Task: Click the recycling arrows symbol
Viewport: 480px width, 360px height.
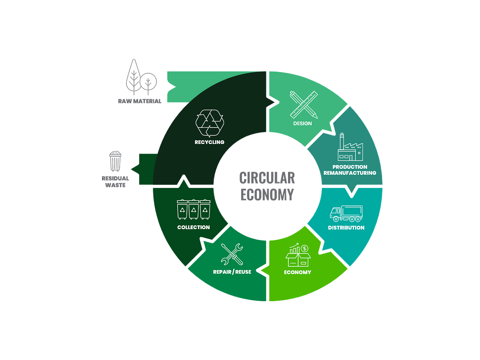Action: tap(209, 124)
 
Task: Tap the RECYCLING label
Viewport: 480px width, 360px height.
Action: tap(209, 142)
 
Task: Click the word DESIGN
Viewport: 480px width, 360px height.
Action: tap(302, 123)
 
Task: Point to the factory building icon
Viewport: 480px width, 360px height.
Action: tap(350, 148)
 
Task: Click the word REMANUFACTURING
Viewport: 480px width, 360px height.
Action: tap(350, 173)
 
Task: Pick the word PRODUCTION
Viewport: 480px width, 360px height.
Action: tap(350, 167)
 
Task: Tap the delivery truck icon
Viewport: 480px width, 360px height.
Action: tap(346, 214)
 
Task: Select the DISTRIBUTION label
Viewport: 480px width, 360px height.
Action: tap(346, 228)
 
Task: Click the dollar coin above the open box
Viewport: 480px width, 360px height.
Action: tap(304, 248)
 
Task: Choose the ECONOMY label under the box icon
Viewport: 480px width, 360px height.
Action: tap(298, 272)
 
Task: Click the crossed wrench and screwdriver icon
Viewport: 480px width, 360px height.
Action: tap(232, 254)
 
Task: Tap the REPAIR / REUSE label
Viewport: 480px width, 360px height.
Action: tap(232, 272)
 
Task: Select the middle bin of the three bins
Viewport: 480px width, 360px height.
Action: tap(194, 209)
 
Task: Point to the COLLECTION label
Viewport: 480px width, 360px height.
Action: tap(194, 227)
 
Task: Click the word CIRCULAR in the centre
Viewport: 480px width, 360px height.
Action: tap(267, 177)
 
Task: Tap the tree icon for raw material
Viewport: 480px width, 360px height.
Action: tap(140, 78)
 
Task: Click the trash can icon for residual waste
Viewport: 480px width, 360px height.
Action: tap(116, 161)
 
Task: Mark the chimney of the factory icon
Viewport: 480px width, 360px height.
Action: tap(342, 141)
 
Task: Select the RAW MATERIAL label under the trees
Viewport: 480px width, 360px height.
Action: tap(139, 101)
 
